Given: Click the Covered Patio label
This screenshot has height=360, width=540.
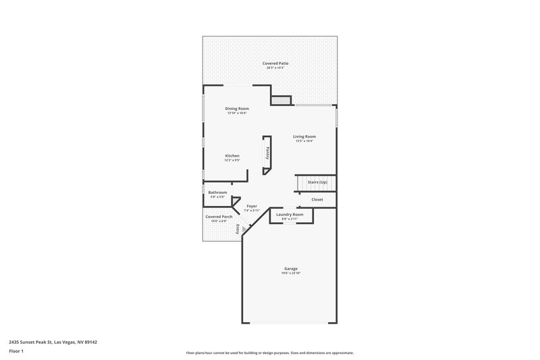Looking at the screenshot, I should [270, 63].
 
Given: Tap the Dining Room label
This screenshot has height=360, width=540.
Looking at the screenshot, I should [237, 109].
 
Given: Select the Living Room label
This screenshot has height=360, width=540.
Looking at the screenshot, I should [304, 136].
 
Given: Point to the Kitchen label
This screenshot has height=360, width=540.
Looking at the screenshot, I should [232, 156].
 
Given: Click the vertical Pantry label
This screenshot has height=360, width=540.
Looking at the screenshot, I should [267, 153].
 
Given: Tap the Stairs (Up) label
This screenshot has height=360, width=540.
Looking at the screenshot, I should [317, 182].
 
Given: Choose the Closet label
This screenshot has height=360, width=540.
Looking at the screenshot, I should [317, 199].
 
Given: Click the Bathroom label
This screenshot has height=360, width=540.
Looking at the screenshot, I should [217, 192].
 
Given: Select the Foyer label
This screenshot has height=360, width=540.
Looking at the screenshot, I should [251, 206].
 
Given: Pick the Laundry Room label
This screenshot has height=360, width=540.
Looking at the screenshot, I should [290, 214].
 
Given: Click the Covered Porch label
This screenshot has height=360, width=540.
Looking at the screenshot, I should [219, 217].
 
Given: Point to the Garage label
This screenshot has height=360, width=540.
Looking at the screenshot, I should [290, 268].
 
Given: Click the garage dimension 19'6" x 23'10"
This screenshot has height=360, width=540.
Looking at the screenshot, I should [290, 273].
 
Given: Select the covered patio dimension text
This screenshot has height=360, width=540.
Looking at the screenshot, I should [270, 68].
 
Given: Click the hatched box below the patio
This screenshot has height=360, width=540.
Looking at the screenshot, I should [280, 101].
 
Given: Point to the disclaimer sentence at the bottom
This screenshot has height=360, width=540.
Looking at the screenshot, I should [270, 353].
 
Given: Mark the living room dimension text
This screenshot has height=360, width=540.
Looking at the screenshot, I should [304, 140].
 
